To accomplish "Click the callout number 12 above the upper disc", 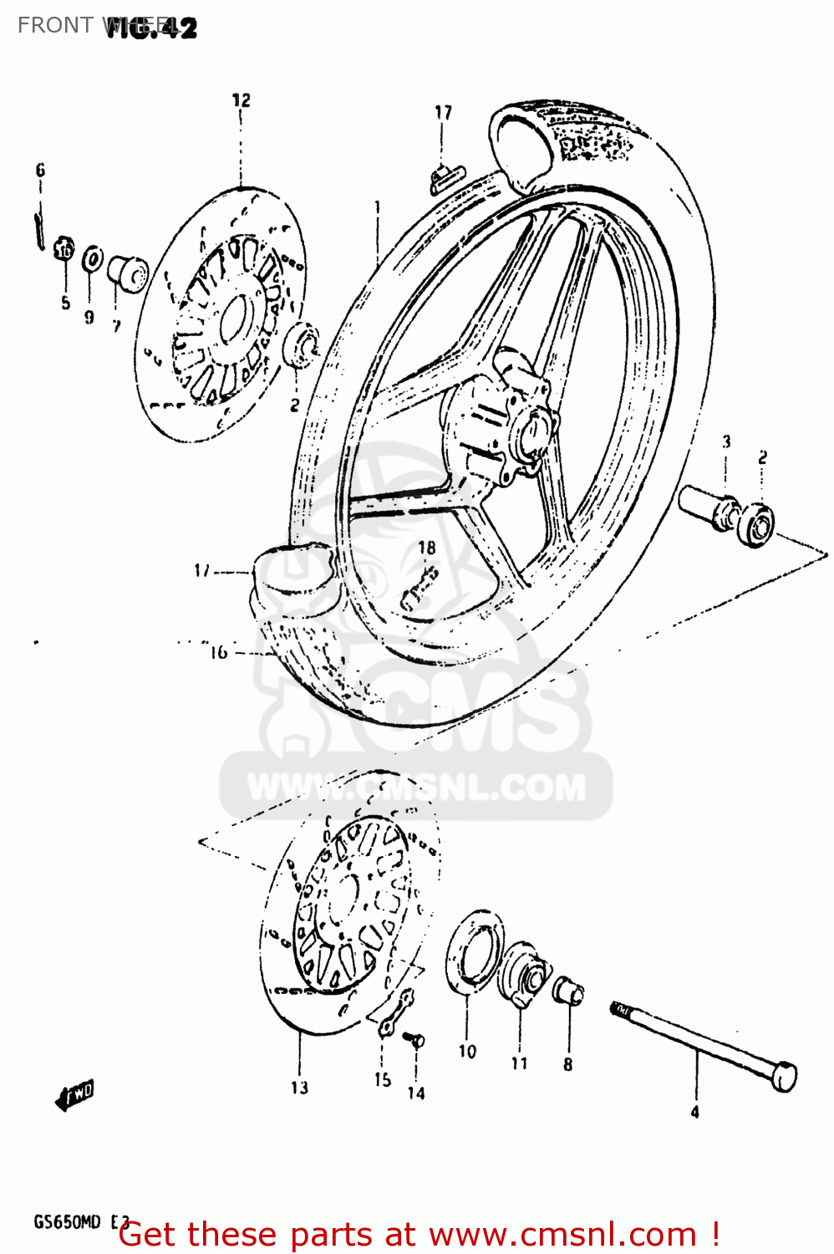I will pos(241,100).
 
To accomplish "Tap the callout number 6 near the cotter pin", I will pos(40,171).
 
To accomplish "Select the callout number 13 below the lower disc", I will pos(299,1088).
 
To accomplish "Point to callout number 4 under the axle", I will pos(694,1112).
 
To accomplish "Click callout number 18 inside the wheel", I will pos(426,548).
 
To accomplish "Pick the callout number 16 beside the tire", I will pos(218,652).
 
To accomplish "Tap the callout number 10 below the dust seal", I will pos(467,1052).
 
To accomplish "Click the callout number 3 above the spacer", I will pos(726,441).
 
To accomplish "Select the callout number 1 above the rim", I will pos(378,206).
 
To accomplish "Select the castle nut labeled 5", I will pos(64,249).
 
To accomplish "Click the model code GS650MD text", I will pos(67,1222).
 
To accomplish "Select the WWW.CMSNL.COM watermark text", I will pos(416,788).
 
